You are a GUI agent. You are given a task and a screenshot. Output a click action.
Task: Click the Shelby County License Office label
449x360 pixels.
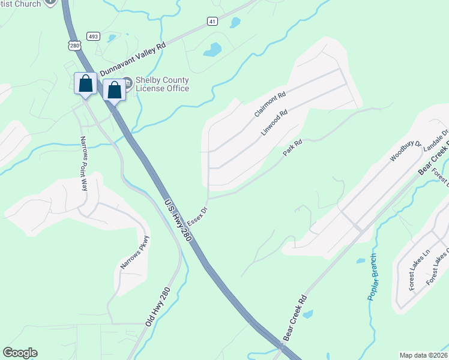tap(162, 85)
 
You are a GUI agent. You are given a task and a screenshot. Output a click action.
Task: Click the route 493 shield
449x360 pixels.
tap(92, 37)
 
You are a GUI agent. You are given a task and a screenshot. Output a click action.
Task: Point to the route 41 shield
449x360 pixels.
tap(212, 21)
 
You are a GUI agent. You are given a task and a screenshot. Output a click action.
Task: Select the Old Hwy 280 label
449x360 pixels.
tap(158, 307)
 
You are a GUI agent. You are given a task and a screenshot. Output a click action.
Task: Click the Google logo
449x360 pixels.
tap(20, 353)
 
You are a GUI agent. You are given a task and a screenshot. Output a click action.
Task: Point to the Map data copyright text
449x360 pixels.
tap(423, 355)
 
